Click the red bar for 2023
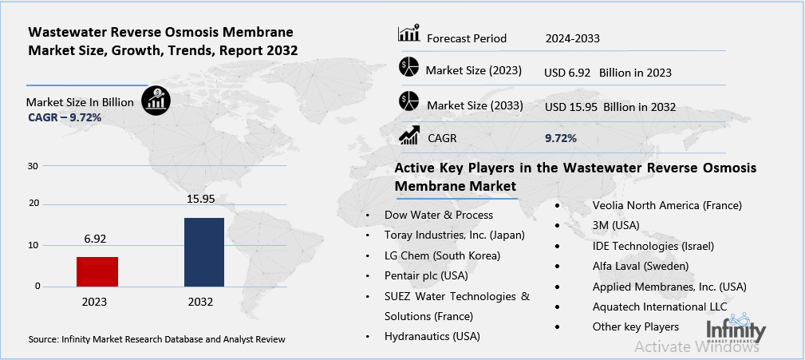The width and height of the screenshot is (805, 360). (97, 271)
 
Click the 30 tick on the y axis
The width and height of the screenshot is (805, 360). (33, 166)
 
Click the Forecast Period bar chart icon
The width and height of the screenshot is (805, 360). (408, 35)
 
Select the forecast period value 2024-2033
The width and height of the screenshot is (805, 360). (572, 38)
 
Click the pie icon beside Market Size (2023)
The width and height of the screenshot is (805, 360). (408, 69)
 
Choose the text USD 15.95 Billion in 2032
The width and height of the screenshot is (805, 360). (610, 106)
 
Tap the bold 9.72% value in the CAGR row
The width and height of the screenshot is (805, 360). (560, 138)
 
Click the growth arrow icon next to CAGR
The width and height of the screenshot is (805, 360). (408, 136)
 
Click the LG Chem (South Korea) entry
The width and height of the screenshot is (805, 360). (442, 255)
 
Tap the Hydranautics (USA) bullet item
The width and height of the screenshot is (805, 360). (432, 337)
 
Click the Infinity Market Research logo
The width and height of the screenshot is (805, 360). (736, 328)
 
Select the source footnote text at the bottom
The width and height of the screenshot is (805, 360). (156, 339)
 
